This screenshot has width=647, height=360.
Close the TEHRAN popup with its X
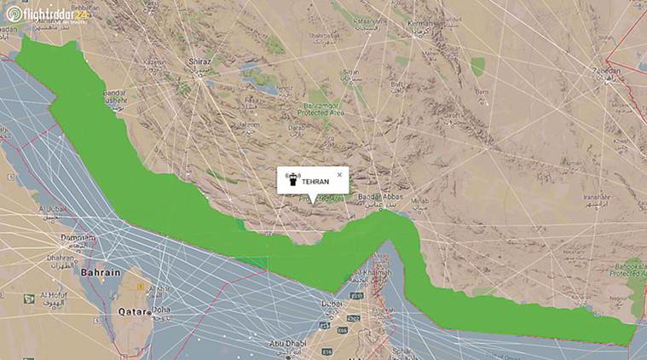[x=339, y=174]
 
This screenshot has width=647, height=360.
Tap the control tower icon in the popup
[x=292, y=180]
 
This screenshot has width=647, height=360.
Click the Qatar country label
[x=133, y=311]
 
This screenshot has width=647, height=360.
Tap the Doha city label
[x=160, y=310]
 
